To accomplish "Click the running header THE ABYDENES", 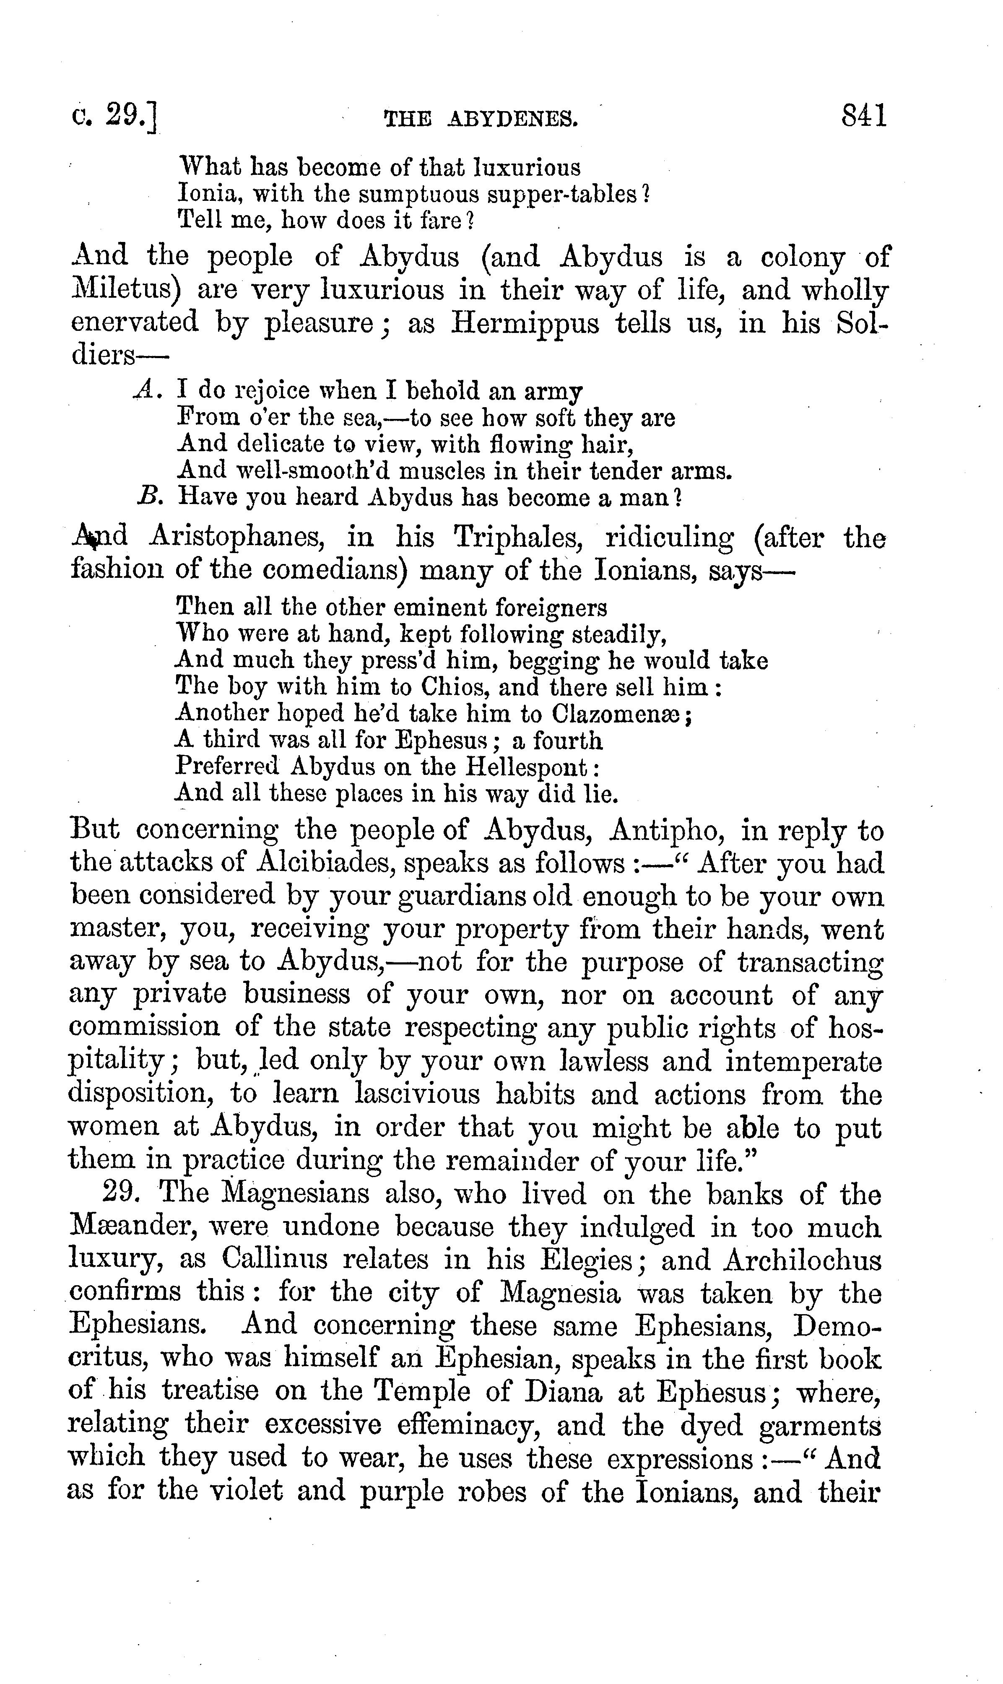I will [481, 120].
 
